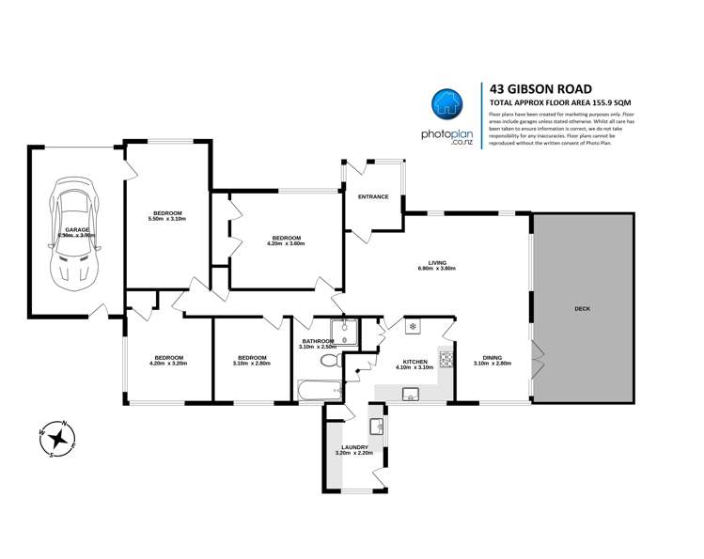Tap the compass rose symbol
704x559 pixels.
click(x=58, y=438)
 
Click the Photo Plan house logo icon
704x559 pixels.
click(x=447, y=107)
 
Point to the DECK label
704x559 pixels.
click(x=583, y=309)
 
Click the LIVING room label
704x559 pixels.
click(x=437, y=263)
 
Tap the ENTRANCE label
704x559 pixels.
click(x=373, y=196)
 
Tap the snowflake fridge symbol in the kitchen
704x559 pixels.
click(x=412, y=327)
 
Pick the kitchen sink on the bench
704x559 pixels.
click(x=411, y=394)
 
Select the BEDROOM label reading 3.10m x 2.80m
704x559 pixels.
click(x=252, y=358)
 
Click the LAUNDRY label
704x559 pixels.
click(x=354, y=447)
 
